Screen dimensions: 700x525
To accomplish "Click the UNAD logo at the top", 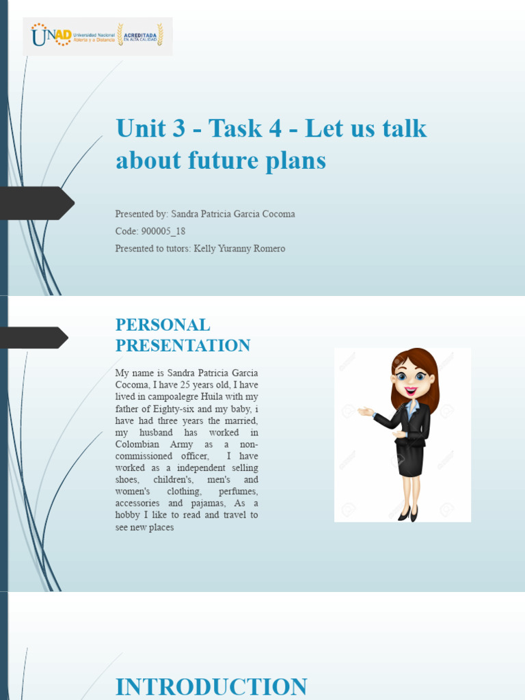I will (x=51, y=35).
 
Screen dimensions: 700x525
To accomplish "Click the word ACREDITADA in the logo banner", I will (x=141, y=31).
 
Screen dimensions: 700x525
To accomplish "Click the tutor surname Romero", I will (x=268, y=248).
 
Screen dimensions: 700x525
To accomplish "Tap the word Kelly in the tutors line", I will (x=206, y=248).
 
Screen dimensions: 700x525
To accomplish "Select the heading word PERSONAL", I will (x=163, y=325).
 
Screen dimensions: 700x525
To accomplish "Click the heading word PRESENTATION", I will (x=183, y=345).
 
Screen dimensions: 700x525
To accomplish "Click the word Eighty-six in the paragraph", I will (x=173, y=409).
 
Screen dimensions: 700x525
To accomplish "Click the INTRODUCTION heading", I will (x=211, y=686).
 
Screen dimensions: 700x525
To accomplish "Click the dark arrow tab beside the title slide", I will (x=38, y=203).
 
